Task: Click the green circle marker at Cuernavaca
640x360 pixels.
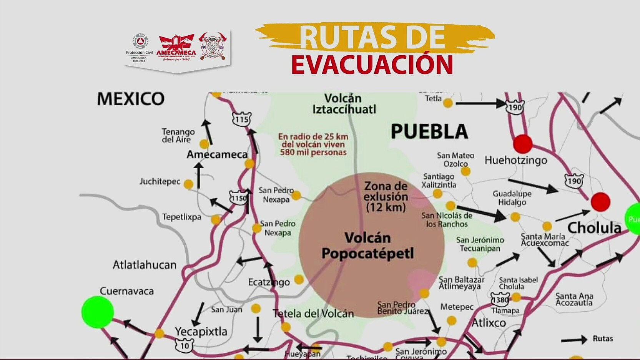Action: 98,312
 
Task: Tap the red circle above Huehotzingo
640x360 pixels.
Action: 523,144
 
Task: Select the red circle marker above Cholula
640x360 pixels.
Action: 600,202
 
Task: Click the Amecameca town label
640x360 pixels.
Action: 217,154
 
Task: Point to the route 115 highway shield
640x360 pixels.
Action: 242,119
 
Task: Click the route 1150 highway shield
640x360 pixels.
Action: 238,198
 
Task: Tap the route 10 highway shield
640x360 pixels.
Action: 185,345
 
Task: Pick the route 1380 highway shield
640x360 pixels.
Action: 500,299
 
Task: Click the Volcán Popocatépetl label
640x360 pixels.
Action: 367,246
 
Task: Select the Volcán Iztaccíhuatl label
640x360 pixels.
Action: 344,104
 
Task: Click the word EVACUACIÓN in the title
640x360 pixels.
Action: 372,65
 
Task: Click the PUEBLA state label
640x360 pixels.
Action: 429,132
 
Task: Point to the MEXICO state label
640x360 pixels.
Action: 131,99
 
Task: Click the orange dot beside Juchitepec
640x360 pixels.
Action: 188,184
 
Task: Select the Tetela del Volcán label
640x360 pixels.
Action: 313,314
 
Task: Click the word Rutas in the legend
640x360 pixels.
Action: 603,338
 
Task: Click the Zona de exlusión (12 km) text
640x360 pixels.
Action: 386,196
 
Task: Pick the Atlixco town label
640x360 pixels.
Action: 489,322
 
